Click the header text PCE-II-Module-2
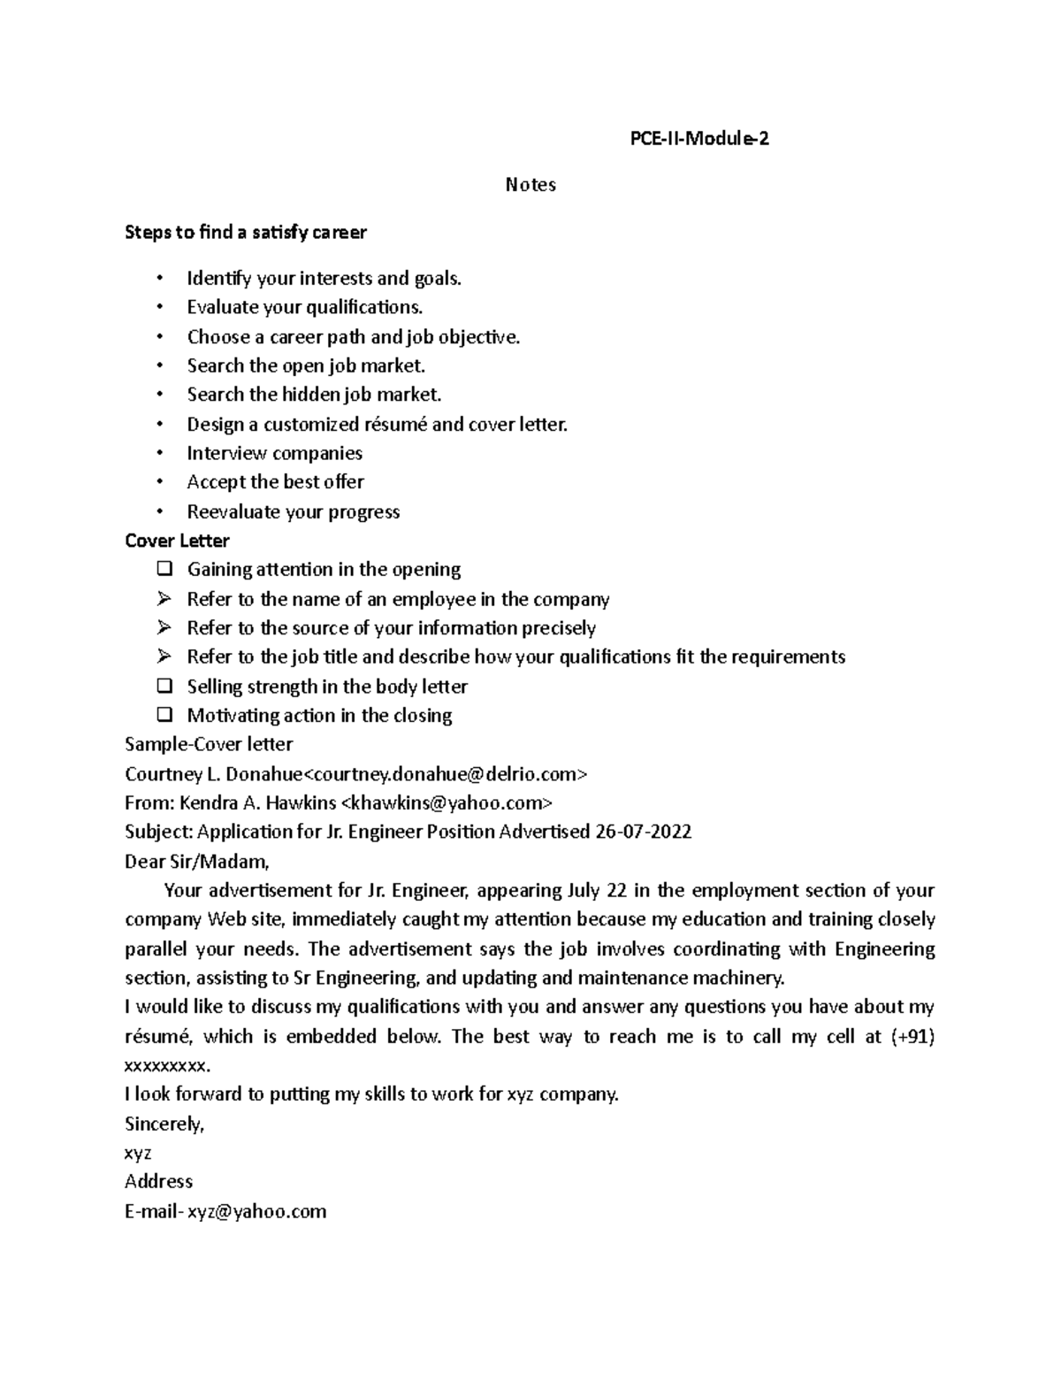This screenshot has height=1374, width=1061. click(x=698, y=138)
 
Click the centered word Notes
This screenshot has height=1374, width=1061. click(x=530, y=185)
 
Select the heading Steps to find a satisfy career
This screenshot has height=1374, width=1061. click(x=246, y=233)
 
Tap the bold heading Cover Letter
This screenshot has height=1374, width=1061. click(x=177, y=541)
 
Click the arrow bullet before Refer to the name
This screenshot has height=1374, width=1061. click(x=164, y=599)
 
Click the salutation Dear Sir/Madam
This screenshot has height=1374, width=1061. click(x=196, y=861)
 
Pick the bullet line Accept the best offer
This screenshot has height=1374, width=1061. click(x=275, y=482)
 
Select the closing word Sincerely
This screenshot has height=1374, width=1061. click(x=164, y=1125)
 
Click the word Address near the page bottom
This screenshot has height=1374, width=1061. click(x=158, y=1182)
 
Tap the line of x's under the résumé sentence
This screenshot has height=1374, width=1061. click(x=168, y=1066)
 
